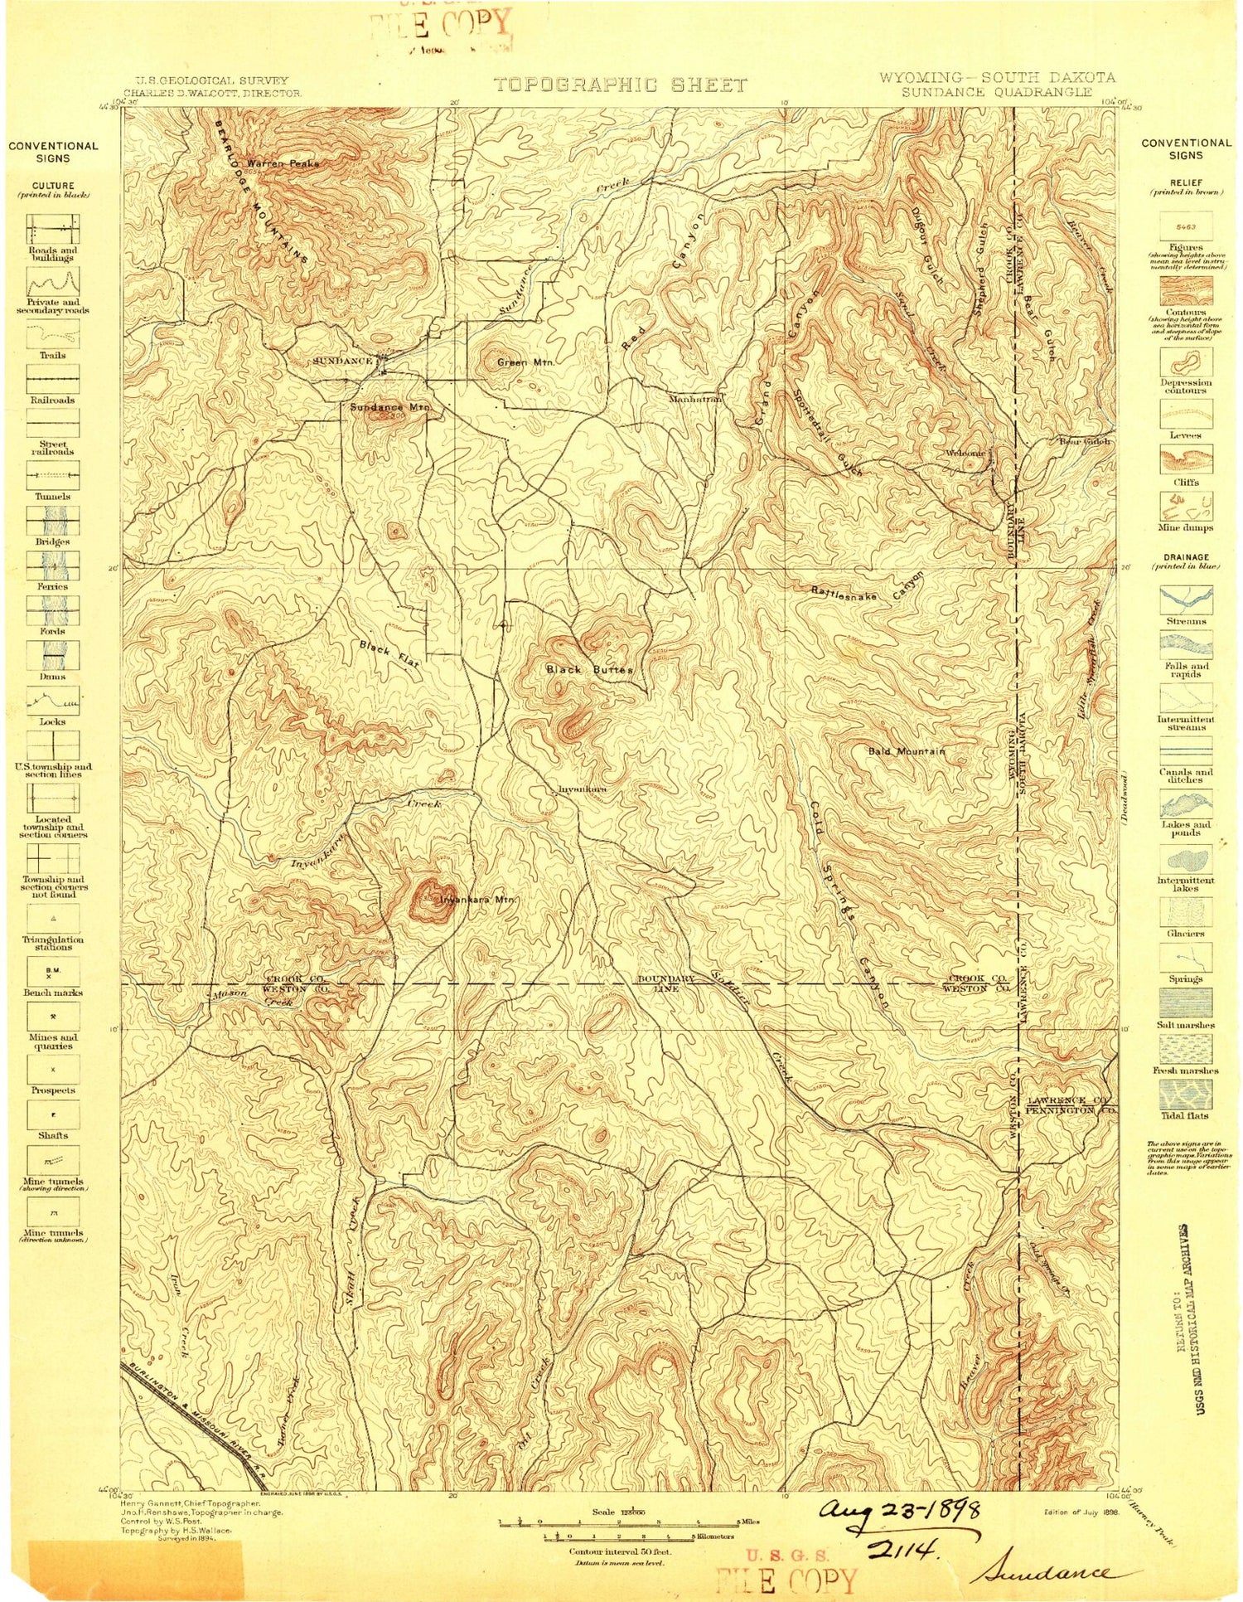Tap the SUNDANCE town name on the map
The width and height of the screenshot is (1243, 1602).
(x=342, y=362)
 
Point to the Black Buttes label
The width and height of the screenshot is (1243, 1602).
(x=589, y=669)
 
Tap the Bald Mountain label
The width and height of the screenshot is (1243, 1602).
(x=906, y=751)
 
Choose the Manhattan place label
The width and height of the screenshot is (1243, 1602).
(x=697, y=399)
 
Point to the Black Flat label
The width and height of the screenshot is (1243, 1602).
(x=389, y=654)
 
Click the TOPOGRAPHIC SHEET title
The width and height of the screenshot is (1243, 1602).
(x=620, y=85)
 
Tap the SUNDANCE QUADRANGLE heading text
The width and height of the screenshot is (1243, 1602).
(x=997, y=92)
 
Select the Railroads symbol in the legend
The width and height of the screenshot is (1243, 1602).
(x=53, y=379)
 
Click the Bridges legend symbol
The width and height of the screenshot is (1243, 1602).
(x=53, y=521)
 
